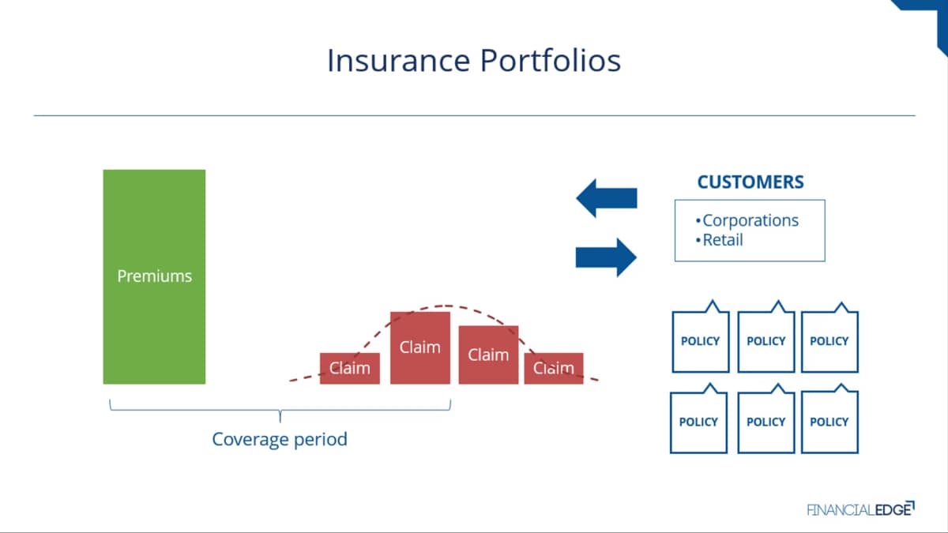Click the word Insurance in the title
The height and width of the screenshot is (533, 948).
point(399,61)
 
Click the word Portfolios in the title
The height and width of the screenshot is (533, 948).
point(551,61)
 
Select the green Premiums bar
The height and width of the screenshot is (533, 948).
point(155,276)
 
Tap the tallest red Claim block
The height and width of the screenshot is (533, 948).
point(420,347)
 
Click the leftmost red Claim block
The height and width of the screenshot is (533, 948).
point(349,369)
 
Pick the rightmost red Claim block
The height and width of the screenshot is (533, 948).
point(554,369)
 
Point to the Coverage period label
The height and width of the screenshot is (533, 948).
point(280,440)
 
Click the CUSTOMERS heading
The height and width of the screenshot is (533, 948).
point(750,182)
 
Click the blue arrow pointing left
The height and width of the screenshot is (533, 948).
point(607,198)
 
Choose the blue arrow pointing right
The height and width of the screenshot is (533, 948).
point(606,257)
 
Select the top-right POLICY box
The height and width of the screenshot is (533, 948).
point(829,338)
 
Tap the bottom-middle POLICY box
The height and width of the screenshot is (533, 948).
point(766,419)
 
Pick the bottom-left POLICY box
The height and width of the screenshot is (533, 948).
point(698,419)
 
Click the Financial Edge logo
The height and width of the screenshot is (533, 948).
point(860,509)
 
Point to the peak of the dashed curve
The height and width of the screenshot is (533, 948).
point(446,306)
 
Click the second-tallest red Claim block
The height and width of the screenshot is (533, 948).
point(488,355)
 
